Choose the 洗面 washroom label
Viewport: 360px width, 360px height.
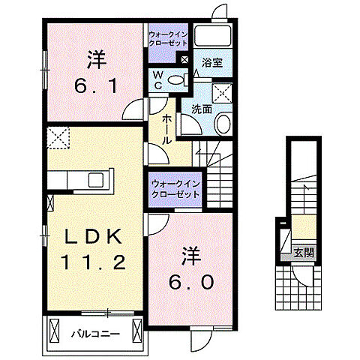click(200, 109)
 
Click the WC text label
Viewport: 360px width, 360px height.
click(158, 79)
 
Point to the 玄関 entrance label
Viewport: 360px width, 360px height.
click(303, 251)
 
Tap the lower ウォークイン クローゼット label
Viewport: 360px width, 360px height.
click(174, 188)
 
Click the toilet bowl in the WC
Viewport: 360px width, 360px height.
click(177, 80)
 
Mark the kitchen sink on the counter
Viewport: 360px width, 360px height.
click(97, 180)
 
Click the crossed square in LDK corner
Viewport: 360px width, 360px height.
click(58, 138)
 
